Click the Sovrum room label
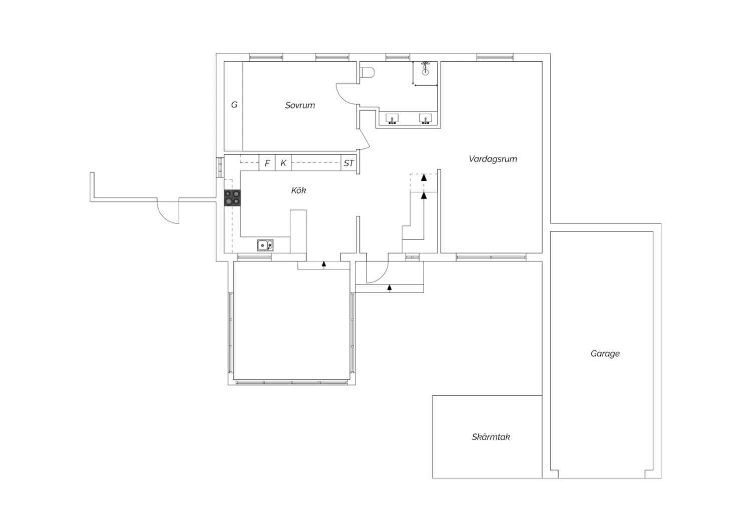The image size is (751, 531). (x=300, y=105)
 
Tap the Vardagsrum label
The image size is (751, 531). (x=493, y=159)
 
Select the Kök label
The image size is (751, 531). (x=298, y=190)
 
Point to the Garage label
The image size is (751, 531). (x=605, y=354)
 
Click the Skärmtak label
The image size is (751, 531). (x=491, y=437)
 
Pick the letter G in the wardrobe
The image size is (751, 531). (x=234, y=105)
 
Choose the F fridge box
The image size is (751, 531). (x=267, y=163)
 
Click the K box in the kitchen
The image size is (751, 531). (x=283, y=163)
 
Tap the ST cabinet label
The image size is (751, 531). (x=348, y=163)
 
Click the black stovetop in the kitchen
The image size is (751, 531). (x=232, y=198)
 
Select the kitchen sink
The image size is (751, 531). (x=265, y=245)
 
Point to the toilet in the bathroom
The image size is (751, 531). (x=367, y=73)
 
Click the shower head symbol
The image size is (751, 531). (x=425, y=68)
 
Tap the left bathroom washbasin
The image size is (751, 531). (x=392, y=119)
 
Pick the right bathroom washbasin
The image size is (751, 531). (x=426, y=119)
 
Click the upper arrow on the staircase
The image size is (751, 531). (x=424, y=177)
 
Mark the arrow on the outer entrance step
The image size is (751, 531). (x=389, y=288)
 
